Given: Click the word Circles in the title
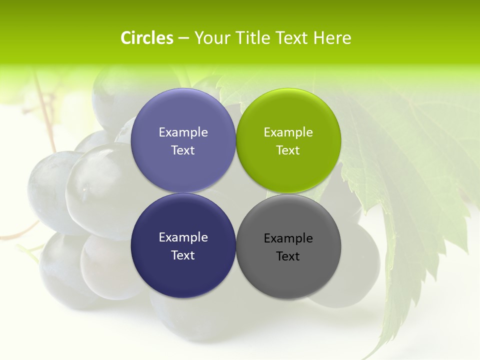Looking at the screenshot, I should pyautogui.click(x=146, y=38).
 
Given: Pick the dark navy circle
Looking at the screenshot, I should pyautogui.click(x=183, y=272).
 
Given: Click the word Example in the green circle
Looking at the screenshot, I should pyautogui.click(x=288, y=132).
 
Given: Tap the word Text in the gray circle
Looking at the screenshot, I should pyautogui.click(x=288, y=256).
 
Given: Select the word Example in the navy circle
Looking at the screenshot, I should pyautogui.click(x=183, y=237).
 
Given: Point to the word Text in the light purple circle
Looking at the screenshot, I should pyautogui.click(x=183, y=150).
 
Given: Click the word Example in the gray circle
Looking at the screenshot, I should pyautogui.click(x=288, y=238).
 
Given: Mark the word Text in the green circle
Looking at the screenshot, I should pyautogui.click(x=288, y=150).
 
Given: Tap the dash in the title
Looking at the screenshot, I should pyautogui.click(x=183, y=38).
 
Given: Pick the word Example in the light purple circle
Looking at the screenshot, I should pyautogui.click(x=183, y=132).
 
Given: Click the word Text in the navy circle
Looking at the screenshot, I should pyautogui.click(x=183, y=255).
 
